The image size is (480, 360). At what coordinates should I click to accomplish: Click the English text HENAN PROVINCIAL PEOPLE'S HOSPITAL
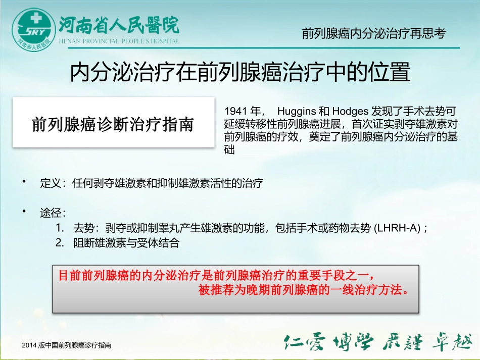coord(119,41)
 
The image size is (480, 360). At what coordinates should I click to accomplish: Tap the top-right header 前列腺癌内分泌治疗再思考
coord(373,34)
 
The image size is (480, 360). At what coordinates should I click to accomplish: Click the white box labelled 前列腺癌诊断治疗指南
coord(113,124)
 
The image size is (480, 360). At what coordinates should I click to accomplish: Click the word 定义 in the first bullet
coord(50,183)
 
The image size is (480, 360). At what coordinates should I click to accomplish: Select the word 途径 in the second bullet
coord(50,213)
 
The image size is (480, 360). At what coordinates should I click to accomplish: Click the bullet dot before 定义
coord(24,181)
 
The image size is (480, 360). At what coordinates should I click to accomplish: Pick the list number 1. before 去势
coord(60,228)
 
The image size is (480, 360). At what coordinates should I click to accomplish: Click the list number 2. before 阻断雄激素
coord(60,243)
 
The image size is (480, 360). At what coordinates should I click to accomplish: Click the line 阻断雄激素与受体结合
coord(126,243)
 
